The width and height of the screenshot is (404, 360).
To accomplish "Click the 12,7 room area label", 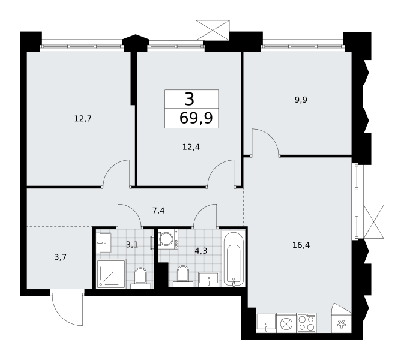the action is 83,119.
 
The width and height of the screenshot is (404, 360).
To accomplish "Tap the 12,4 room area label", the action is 191,147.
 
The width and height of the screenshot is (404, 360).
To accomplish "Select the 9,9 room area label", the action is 301,100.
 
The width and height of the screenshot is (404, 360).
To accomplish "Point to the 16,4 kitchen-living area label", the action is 301,245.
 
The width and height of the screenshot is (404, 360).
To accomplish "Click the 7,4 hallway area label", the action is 158,211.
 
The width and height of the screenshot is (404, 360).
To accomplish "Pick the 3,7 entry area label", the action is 61,257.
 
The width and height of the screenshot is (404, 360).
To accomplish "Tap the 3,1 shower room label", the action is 132,244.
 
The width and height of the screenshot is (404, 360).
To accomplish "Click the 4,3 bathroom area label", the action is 201,251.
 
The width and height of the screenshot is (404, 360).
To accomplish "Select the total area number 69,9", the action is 196,118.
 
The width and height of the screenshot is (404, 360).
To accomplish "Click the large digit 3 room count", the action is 189,99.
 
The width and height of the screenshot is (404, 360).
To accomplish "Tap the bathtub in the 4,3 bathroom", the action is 234,258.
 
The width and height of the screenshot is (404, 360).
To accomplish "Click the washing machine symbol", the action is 167,239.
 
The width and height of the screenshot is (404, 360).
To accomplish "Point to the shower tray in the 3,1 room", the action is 111,274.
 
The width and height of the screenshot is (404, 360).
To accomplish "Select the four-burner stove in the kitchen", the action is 307,323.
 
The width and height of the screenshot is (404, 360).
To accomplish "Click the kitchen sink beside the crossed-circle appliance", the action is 266,323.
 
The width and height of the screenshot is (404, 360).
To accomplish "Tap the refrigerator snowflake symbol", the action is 342,324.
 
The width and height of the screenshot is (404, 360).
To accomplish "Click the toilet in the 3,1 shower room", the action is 140,278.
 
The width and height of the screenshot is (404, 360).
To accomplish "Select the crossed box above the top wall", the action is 213,30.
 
